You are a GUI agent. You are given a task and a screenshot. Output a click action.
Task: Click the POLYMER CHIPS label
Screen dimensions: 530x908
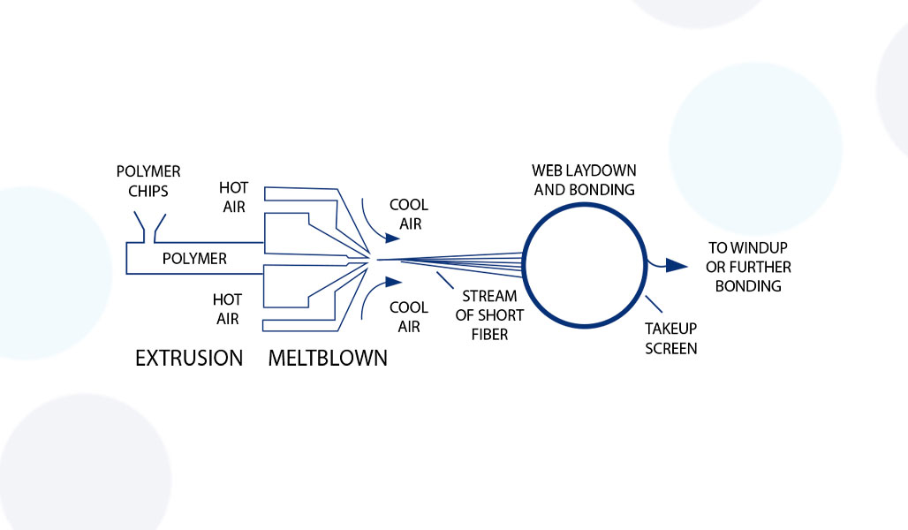tap(148, 179)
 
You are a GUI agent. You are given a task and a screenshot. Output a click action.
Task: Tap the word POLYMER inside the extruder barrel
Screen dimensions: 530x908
tap(194, 259)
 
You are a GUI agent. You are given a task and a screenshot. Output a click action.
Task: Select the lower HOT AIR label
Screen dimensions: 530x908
tap(227, 309)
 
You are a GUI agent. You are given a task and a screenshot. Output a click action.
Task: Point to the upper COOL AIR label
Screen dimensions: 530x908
tap(409, 214)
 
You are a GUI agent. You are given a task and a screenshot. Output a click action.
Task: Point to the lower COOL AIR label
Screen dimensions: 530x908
tap(409, 316)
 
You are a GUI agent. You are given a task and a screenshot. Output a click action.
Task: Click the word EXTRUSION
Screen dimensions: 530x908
tap(188, 358)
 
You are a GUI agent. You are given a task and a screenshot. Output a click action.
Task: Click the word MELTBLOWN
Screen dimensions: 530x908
tap(328, 358)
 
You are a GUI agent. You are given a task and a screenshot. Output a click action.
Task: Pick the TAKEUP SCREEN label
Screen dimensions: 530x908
tap(671, 339)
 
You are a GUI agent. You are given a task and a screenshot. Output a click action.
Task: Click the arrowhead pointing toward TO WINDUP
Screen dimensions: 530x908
tap(677, 265)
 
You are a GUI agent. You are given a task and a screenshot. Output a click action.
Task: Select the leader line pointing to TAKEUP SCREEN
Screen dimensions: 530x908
tap(655, 307)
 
